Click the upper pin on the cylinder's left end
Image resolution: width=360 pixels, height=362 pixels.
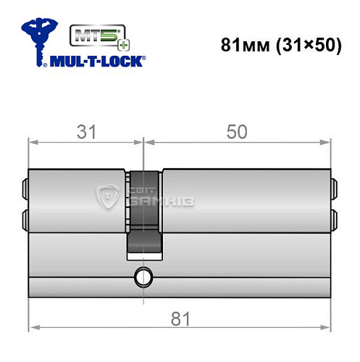25,190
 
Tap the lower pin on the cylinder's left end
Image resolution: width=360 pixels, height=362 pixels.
25,218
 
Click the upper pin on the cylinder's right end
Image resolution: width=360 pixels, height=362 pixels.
335,190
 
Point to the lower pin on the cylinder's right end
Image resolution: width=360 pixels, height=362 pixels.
335,218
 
